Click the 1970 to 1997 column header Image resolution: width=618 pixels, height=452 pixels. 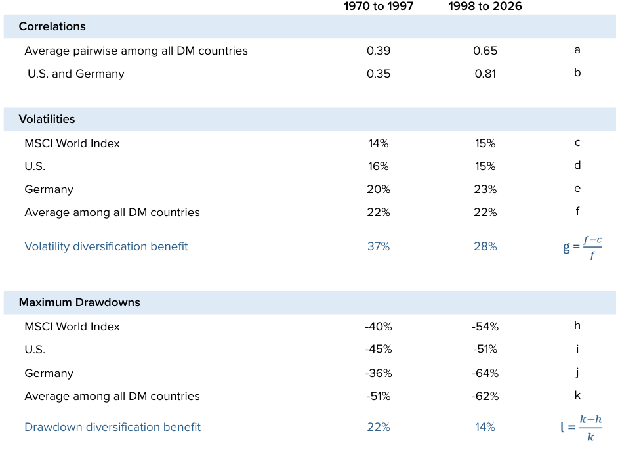pyautogui.click(x=379, y=7)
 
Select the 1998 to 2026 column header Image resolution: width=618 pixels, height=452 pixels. pyautogui.click(x=485, y=7)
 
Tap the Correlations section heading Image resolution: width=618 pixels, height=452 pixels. pyautogui.click(x=52, y=27)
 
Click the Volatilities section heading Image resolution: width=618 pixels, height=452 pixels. pyautogui.click(x=47, y=119)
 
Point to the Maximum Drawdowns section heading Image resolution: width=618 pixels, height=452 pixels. pyautogui.click(x=79, y=303)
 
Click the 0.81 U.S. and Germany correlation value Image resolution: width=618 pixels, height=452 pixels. pyautogui.click(x=485, y=74)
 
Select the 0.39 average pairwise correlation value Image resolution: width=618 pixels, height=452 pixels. pyautogui.click(x=379, y=51)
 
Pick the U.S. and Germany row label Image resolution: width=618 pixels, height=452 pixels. pyautogui.click(x=75, y=74)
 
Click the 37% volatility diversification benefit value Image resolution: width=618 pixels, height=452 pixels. pyautogui.click(x=379, y=246)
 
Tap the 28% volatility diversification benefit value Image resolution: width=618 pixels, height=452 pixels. pyautogui.click(x=485, y=246)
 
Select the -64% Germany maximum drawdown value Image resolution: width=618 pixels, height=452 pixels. pyautogui.click(x=485, y=373)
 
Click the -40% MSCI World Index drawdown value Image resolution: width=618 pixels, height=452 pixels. pyautogui.click(x=379, y=327)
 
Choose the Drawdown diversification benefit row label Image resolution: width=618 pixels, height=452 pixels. pyautogui.click(x=112, y=427)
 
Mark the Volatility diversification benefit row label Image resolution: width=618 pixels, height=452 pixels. pyautogui.click(x=106, y=246)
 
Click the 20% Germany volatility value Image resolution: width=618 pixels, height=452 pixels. pyautogui.click(x=379, y=189)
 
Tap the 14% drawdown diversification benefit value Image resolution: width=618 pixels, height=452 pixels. pyautogui.click(x=485, y=427)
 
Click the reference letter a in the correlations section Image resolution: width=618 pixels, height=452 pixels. pyautogui.click(x=577, y=50)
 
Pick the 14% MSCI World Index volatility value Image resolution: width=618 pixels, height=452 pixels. pyautogui.click(x=379, y=143)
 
